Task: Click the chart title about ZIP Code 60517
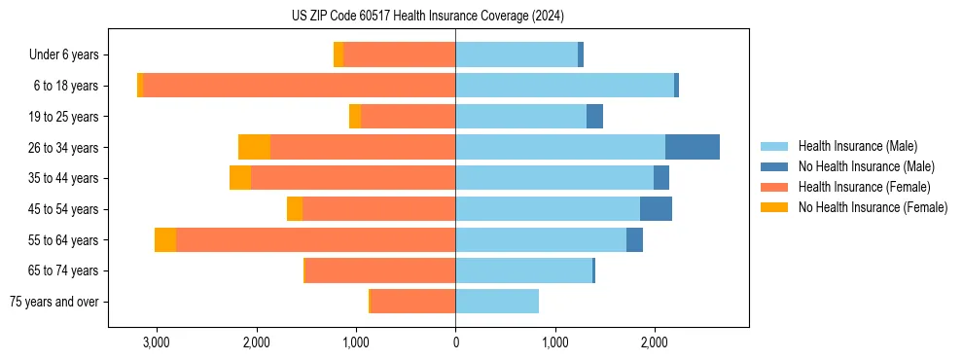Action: click(428, 17)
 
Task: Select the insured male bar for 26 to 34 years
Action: click(560, 147)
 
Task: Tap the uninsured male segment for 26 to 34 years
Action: click(693, 147)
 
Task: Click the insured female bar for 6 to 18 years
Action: click(300, 86)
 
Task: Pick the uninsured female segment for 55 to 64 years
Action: click(165, 239)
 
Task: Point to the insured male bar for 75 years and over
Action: click(497, 302)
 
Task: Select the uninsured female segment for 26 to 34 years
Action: click(254, 147)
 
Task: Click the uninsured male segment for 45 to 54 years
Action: click(656, 209)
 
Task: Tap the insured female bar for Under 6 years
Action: click(399, 54)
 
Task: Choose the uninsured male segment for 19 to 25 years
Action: click(594, 117)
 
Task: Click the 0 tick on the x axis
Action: click(455, 342)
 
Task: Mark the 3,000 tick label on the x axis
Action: click(157, 342)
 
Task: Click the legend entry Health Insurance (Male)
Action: click(857, 146)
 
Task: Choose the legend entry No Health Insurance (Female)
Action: click(873, 207)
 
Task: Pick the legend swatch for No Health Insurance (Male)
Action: click(775, 166)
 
